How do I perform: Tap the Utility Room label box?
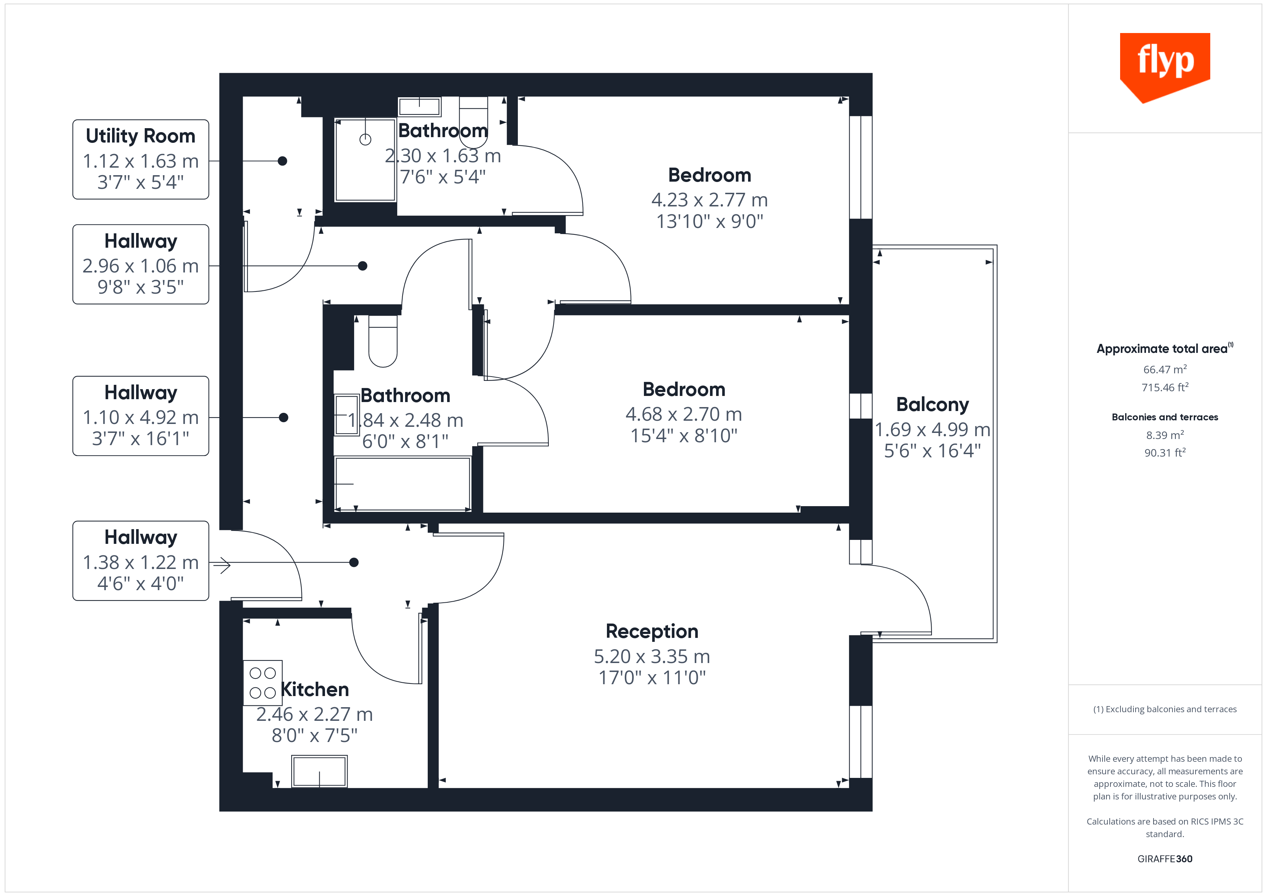[x=141, y=159]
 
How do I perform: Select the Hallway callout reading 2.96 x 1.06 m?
[x=141, y=264]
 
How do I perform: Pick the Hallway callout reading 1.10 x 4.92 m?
[x=141, y=416]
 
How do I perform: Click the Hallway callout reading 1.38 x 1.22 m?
[x=141, y=561]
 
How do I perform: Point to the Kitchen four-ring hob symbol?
[x=263, y=682]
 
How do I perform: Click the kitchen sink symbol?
[x=320, y=771]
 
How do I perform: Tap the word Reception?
[x=652, y=631]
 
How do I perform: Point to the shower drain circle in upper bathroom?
[x=365, y=140]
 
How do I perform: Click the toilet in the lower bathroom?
[x=383, y=342]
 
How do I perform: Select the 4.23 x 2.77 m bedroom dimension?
[x=709, y=200]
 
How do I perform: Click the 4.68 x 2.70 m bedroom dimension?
[x=684, y=414]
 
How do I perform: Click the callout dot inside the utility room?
[x=283, y=161]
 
